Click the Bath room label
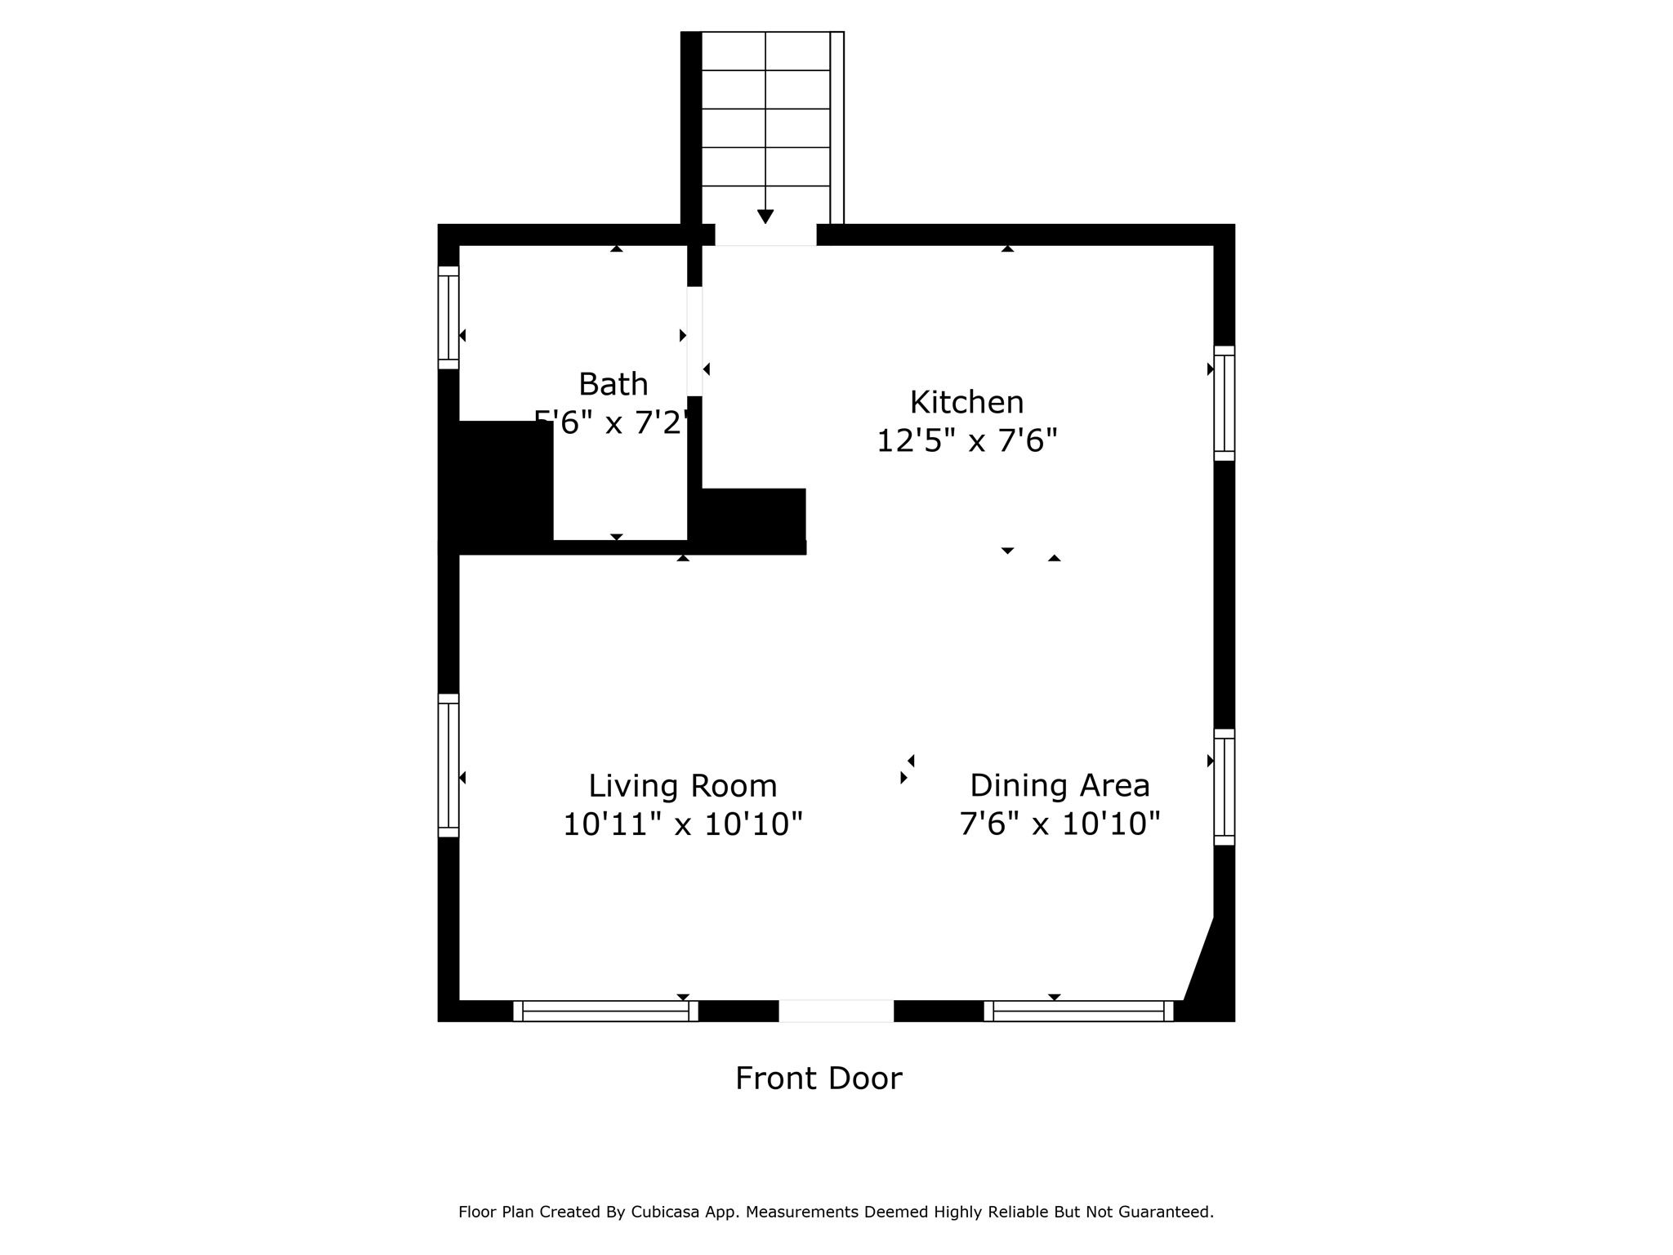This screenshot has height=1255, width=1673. [x=613, y=384]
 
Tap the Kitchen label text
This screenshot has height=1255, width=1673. [x=966, y=402]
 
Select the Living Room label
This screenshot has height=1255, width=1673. [x=682, y=786]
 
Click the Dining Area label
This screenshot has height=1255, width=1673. [x=1060, y=785]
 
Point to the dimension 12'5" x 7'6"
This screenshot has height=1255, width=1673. [x=966, y=441]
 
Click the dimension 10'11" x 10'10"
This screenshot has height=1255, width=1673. [x=682, y=824]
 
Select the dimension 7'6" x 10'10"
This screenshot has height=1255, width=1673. [x=1060, y=824]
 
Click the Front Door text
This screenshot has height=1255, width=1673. [x=819, y=1079]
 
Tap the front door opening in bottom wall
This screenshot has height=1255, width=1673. [x=836, y=1011]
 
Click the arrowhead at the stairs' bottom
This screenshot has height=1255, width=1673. [x=765, y=217]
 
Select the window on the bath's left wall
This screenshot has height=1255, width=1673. [x=448, y=318]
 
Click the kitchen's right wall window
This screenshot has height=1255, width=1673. [x=1224, y=403]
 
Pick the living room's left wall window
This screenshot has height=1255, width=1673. [x=448, y=766]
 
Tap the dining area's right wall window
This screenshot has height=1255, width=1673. [x=1224, y=787]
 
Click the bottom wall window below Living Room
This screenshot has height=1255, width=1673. [x=605, y=1012]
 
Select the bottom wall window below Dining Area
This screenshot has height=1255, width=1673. [x=1078, y=1012]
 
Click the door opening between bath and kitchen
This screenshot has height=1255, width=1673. [x=694, y=342]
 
